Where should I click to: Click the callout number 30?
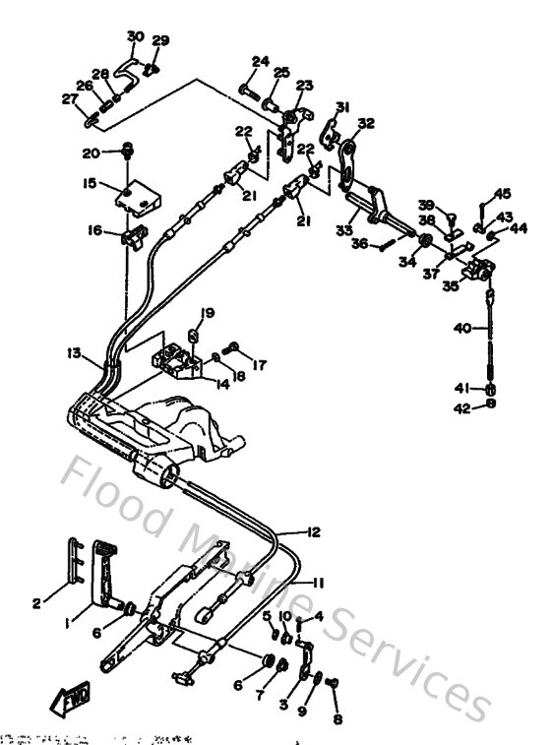point(136,36)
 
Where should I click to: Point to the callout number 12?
point(312,532)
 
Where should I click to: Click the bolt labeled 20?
point(128,152)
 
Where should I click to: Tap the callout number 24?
point(259,61)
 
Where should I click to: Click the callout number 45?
point(503,194)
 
